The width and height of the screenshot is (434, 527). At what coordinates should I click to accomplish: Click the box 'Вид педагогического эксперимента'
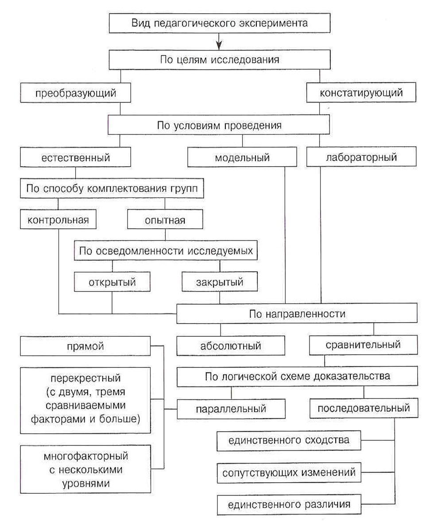click(x=220, y=23)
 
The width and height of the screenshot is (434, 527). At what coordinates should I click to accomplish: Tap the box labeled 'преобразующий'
click(x=76, y=94)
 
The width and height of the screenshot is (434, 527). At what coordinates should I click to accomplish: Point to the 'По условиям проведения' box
click(x=219, y=125)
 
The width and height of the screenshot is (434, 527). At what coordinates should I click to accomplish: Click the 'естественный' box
click(x=76, y=157)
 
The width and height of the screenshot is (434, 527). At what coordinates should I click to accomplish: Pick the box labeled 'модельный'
click(x=243, y=158)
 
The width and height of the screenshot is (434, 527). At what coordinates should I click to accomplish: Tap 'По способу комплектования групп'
click(x=112, y=188)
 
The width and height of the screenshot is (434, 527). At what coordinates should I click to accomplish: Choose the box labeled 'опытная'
click(x=165, y=220)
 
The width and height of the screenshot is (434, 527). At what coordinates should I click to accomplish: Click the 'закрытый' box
click(x=220, y=281)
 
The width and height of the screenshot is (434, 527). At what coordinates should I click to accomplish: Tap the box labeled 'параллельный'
click(x=231, y=408)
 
